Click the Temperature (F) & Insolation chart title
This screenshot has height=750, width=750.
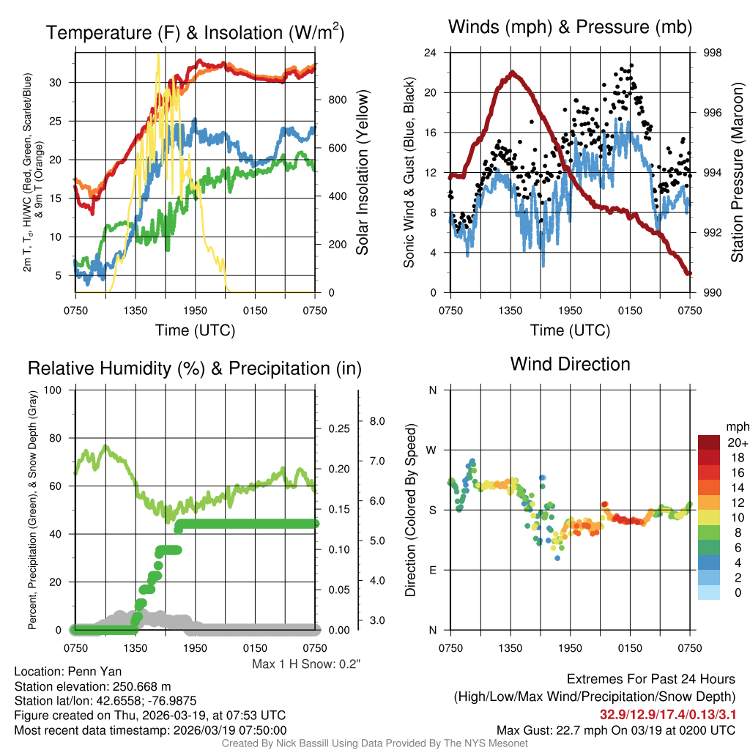[195, 32]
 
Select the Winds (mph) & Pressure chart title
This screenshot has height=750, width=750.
[570, 27]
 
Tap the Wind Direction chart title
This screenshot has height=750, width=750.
[570, 364]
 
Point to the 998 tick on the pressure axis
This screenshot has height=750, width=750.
[713, 53]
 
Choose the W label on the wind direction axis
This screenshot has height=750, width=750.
[432, 450]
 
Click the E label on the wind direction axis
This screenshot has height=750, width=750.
[433, 570]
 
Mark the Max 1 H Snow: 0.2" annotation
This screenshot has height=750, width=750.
[306, 664]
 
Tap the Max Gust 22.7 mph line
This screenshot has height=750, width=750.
[615, 729]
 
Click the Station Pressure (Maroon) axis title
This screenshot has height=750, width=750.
[738, 173]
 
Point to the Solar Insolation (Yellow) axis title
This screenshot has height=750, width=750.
[362, 173]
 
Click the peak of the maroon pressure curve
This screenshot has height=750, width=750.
[513, 72]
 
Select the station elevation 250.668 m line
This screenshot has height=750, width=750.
[92, 686]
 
